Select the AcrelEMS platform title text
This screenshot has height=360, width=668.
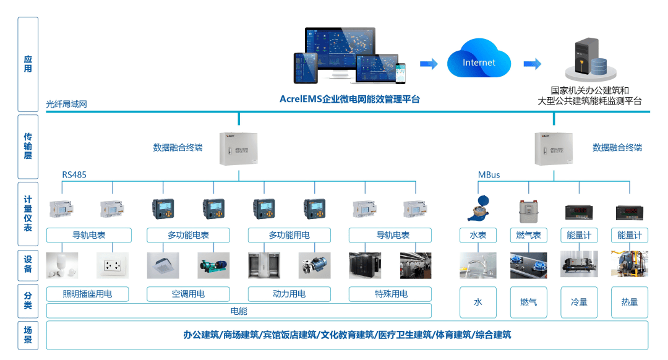click(349, 99)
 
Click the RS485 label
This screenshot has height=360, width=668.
click(74, 175)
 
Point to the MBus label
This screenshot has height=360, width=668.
click(489, 175)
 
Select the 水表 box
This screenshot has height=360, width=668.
click(478, 235)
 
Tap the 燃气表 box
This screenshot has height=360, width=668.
click(528, 235)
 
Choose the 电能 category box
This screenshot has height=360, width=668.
click(239, 311)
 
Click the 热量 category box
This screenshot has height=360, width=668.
click(629, 302)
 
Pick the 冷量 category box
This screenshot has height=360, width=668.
click(578, 302)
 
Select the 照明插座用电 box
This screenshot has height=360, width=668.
click(87, 294)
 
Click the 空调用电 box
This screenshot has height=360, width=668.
click(188, 294)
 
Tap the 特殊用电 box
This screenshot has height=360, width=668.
click(390, 294)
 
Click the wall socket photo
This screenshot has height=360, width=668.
click(113, 265)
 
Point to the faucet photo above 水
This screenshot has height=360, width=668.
click(477, 265)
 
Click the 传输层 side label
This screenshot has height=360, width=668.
click(28, 146)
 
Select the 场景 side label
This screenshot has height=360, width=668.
click(28, 335)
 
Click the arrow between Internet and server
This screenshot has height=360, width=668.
click(532, 64)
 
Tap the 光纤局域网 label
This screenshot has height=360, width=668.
click(67, 104)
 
